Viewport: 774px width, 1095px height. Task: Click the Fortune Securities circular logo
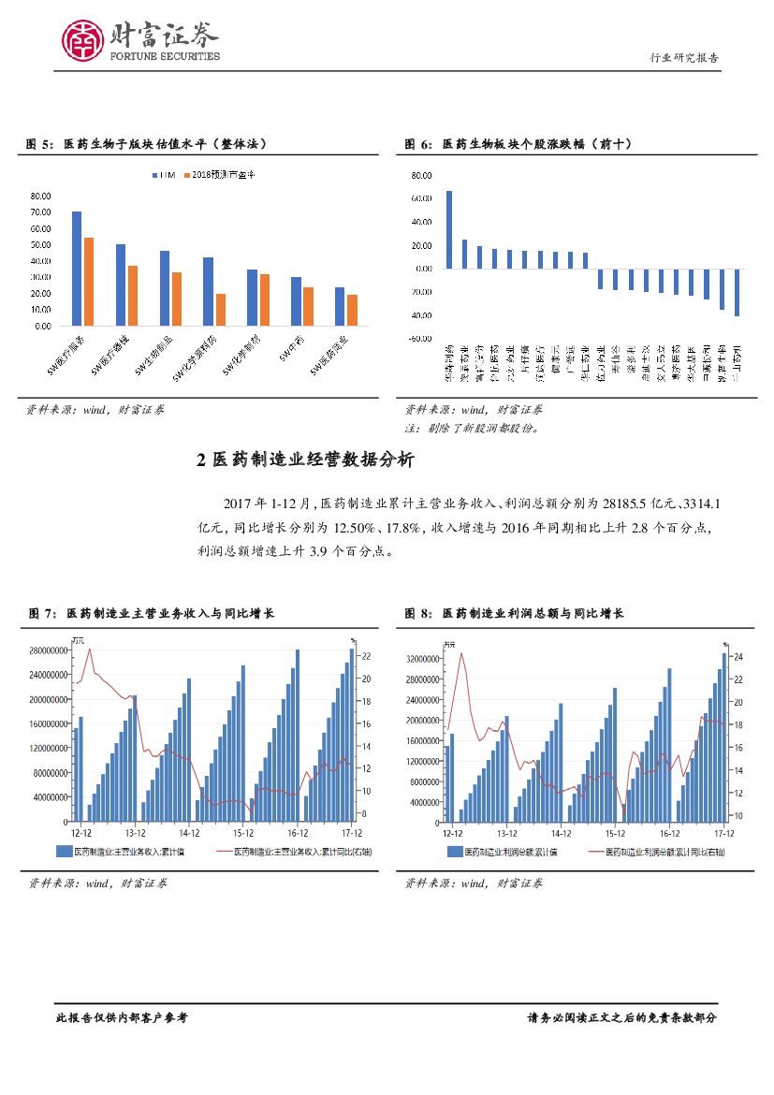coord(83,40)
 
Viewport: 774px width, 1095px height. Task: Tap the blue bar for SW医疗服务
coord(77,269)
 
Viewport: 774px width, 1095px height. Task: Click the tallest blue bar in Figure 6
coord(449,229)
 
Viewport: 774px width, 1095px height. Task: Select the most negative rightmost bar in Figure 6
coord(737,292)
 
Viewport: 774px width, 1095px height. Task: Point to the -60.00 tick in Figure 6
coord(420,339)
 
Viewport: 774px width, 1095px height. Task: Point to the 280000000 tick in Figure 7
coord(46,650)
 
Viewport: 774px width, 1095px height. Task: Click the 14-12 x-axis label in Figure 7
coord(190,832)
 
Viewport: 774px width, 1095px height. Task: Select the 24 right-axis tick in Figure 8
coord(737,657)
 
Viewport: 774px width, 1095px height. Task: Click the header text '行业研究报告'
coord(685,58)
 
